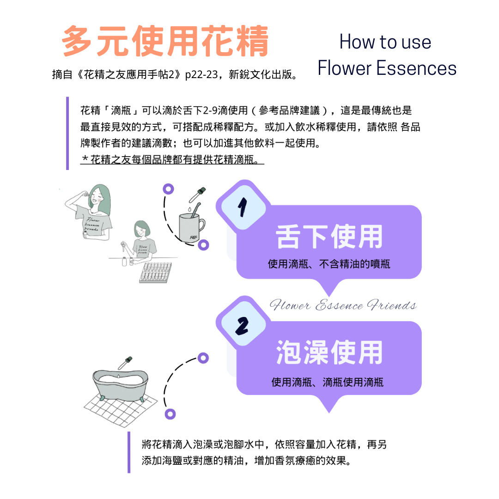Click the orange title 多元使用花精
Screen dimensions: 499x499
point(165,42)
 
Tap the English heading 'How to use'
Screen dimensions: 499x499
point(385,42)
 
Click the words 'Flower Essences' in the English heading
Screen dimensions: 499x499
point(387,68)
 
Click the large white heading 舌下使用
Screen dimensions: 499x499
point(329,237)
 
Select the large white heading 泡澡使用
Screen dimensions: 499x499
point(329,353)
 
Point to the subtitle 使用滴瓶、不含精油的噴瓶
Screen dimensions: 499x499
point(329,264)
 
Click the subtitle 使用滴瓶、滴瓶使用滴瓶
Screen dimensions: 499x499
point(327,382)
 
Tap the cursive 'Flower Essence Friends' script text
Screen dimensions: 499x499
point(343,305)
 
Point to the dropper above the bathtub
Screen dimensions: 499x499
point(125,363)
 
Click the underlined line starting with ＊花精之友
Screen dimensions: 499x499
point(172,160)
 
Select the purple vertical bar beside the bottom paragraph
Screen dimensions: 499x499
point(129,452)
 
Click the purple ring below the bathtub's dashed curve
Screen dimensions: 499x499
point(170,414)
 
